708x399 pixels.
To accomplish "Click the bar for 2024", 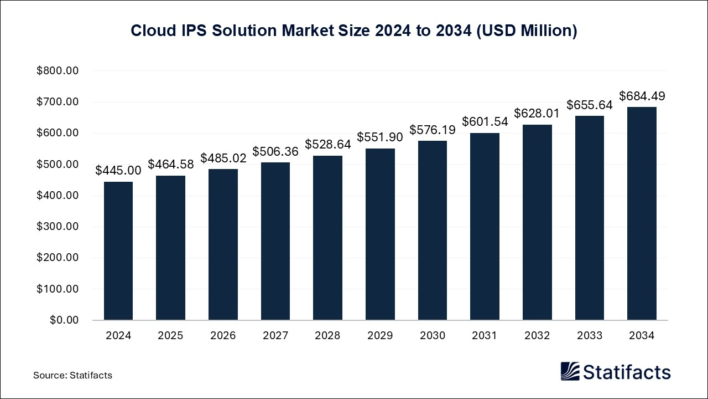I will (118, 250).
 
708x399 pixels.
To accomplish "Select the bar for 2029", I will (380, 234).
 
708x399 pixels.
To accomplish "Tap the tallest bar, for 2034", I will (642, 213).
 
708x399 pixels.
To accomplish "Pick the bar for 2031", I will (485, 226).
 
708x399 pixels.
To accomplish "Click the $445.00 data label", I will (118, 171).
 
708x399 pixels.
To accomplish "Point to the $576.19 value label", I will (433, 130).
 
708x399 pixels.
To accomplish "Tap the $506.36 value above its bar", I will (275, 151).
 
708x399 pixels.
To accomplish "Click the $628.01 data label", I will (537, 114).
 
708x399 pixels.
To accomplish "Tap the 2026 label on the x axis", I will (223, 336).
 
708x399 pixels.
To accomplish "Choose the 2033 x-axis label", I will (590, 336).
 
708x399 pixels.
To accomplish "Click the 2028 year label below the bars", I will (327, 336).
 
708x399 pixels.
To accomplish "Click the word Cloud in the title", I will (149, 31).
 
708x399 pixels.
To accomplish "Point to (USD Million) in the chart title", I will (528, 31).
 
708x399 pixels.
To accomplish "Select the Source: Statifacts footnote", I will (72, 375).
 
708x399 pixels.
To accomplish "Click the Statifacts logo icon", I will (570, 371).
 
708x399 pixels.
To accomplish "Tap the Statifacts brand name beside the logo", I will (627, 372).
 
